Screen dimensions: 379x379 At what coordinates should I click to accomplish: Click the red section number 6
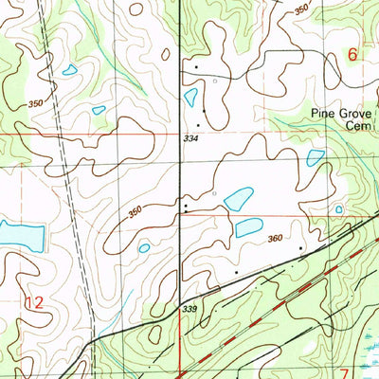click(352, 56)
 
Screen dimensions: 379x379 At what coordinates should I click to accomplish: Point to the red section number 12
click(34, 303)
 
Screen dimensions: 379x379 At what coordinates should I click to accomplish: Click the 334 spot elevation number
click(192, 139)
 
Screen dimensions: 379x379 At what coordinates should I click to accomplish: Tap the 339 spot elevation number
click(189, 309)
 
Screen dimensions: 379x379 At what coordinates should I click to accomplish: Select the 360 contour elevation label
click(276, 239)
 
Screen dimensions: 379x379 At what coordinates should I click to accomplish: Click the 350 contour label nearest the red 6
click(301, 9)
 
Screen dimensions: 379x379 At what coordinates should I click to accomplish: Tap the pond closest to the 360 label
click(249, 227)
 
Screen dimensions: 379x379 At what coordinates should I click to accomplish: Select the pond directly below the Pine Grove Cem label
click(316, 157)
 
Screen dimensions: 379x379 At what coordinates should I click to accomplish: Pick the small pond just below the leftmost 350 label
click(99, 110)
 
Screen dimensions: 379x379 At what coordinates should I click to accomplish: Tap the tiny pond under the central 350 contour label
click(144, 248)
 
